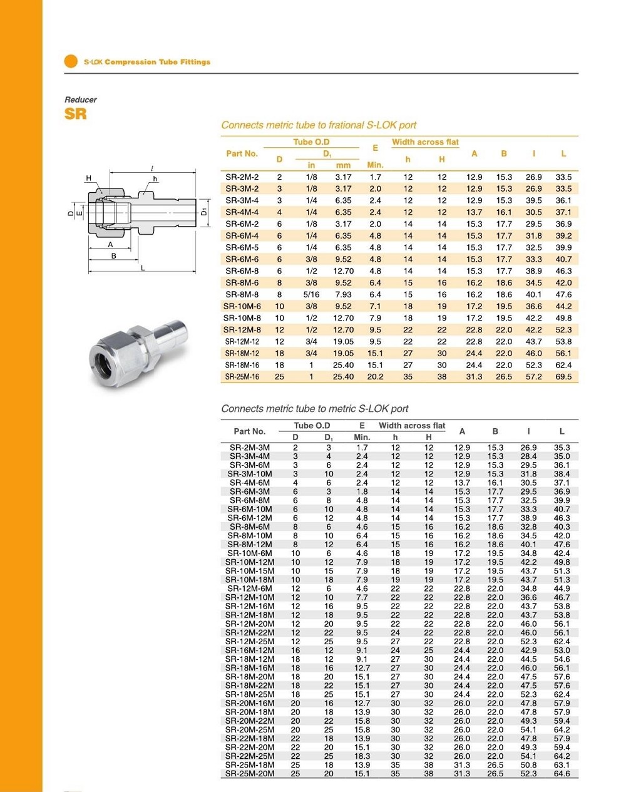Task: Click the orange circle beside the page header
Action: tap(71, 61)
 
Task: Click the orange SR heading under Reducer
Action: tap(75, 114)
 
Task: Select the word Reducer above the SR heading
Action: tap(81, 100)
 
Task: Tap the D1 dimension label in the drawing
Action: tap(204, 212)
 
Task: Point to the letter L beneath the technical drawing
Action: tap(143, 268)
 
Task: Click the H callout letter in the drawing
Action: tap(89, 178)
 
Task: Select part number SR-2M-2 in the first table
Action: tap(242, 177)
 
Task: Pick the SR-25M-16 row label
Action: tap(242, 377)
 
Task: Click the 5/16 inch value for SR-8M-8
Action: tap(311, 294)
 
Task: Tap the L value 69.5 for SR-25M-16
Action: tap(563, 377)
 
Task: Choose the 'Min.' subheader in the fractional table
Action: tap(375, 165)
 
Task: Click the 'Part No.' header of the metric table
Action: tap(250, 431)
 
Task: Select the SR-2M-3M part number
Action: tap(250, 448)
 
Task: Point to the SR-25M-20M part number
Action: tap(250, 774)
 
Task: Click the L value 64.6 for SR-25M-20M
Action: tap(562, 774)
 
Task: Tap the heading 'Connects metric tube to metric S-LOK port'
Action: tap(314, 409)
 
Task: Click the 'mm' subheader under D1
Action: tap(343, 165)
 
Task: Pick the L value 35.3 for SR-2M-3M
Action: tap(562, 448)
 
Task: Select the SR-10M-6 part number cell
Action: tap(242, 306)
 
